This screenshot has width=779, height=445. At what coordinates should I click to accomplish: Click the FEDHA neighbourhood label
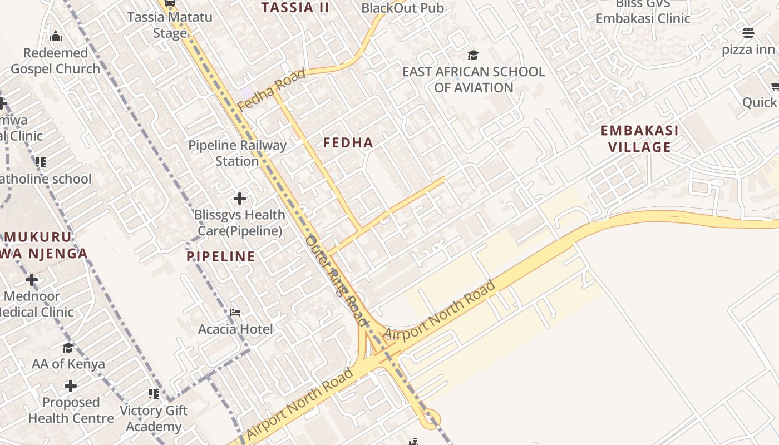pyautogui.click(x=348, y=143)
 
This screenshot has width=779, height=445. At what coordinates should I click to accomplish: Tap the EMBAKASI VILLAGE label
pyautogui.click(x=639, y=139)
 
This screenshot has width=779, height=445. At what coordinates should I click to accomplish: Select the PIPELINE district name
pyautogui.click(x=220, y=256)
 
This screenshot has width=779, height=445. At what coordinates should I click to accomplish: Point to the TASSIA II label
pyautogui.click(x=295, y=7)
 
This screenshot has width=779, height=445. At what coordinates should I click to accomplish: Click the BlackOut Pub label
pyautogui.click(x=402, y=8)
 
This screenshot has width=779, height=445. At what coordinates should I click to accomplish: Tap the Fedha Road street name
pyautogui.click(x=272, y=89)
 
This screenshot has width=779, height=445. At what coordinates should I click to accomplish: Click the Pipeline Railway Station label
pyautogui.click(x=237, y=154)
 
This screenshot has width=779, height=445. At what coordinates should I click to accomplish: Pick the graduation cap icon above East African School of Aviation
pyautogui.click(x=473, y=55)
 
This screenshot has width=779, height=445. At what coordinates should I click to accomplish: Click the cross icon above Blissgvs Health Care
pyautogui.click(x=240, y=199)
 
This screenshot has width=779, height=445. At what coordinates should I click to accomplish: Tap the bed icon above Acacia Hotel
pyautogui.click(x=235, y=313)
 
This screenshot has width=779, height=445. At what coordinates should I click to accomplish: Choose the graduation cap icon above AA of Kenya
pyautogui.click(x=68, y=348)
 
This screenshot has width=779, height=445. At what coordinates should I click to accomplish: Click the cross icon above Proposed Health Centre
pyautogui.click(x=71, y=386)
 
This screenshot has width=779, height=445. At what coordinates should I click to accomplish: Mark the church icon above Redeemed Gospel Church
pyautogui.click(x=56, y=37)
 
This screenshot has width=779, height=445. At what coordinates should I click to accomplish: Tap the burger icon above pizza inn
pyautogui.click(x=748, y=33)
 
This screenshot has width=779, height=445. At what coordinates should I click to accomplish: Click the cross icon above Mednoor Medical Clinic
pyautogui.click(x=32, y=280)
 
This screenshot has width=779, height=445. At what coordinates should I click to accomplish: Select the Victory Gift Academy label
pyautogui.click(x=154, y=418)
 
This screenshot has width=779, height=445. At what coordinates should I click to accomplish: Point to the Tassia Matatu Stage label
pyautogui.click(x=170, y=24)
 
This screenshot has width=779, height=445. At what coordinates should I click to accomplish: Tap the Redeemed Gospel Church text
pyautogui.click(x=56, y=61)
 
